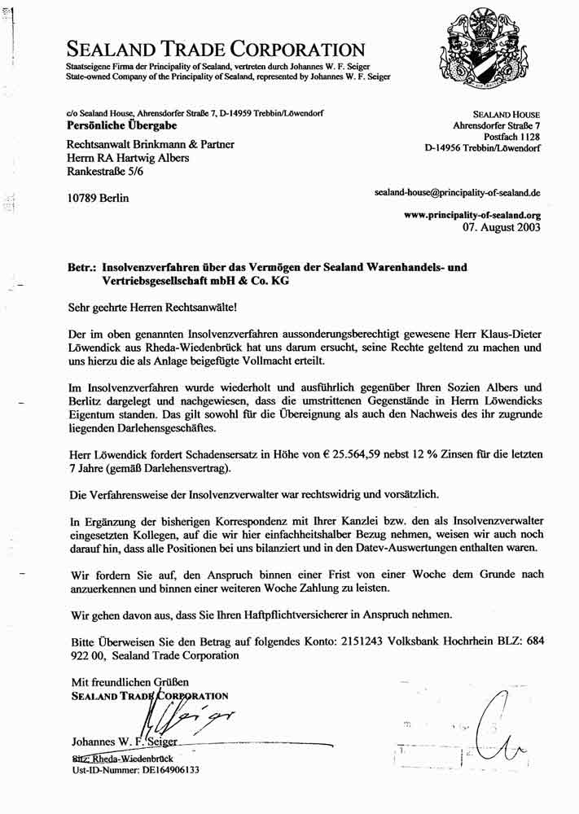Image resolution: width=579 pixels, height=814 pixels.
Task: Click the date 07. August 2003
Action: (x=501, y=229)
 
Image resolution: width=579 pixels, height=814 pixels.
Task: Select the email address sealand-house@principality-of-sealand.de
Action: (x=457, y=194)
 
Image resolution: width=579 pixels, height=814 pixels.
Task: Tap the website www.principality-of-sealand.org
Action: (x=473, y=216)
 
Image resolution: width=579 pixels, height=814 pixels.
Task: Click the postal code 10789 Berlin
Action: (x=98, y=198)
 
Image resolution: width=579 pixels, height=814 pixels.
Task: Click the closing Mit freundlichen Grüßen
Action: (x=130, y=681)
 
